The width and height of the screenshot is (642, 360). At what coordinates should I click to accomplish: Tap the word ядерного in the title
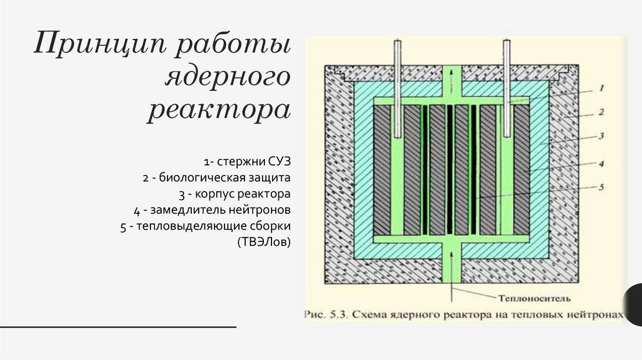click(228, 78)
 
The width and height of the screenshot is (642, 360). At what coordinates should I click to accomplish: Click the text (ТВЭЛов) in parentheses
click(264, 241)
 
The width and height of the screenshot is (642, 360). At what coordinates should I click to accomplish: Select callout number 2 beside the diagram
click(600, 112)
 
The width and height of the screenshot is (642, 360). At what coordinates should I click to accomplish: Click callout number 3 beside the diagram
click(600, 136)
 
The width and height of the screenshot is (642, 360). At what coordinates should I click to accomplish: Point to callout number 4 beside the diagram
click(600, 164)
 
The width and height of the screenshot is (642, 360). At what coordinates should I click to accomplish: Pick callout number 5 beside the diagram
click(600, 186)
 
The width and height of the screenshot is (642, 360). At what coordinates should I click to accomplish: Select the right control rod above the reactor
click(507, 88)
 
